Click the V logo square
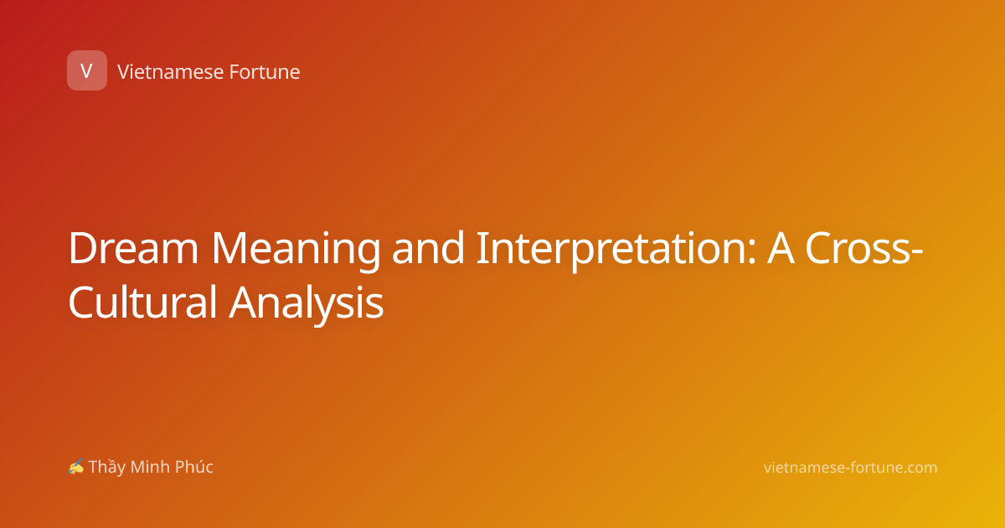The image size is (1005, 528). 87,70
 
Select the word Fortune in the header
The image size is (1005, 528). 265,72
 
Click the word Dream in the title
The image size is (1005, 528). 133,248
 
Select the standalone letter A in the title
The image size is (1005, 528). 781,248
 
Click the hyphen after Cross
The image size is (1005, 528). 916,252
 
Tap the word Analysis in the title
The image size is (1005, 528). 307,304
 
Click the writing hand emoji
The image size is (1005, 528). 76,467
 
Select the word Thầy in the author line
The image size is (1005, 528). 107,468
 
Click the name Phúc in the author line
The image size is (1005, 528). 194,467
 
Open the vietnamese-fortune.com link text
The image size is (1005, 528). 851,468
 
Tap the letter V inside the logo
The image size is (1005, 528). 86,71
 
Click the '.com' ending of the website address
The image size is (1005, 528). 920,468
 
